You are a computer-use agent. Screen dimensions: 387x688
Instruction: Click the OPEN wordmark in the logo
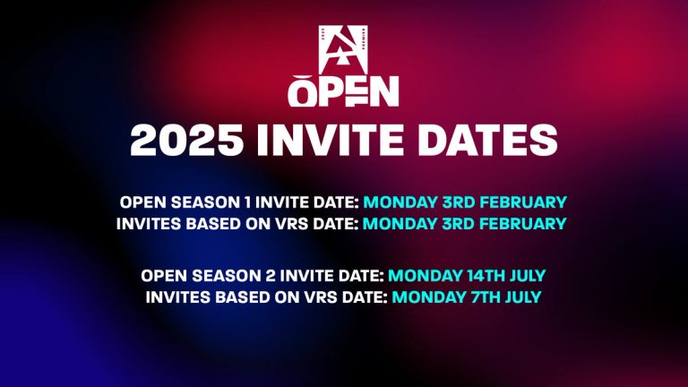pyautogui.click(x=343, y=91)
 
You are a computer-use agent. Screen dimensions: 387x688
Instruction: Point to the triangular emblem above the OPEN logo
pyautogui.click(x=343, y=45)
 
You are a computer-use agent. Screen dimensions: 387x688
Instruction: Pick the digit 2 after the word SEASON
pyautogui.click(x=267, y=273)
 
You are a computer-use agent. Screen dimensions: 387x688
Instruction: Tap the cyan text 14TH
pyautogui.click(x=472, y=273)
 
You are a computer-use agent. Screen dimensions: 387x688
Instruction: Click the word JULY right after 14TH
pyautogui.click(x=521, y=273)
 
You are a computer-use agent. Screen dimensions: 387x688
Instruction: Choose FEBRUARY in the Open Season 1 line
pyautogui.click(x=523, y=202)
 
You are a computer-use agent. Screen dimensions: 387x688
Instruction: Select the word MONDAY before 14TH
pyautogui.click(x=419, y=273)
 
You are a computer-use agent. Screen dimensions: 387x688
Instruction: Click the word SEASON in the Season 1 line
pyautogui.click(x=202, y=202)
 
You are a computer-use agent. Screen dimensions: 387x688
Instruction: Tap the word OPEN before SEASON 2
pyautogui.click(x=162, y=273)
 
